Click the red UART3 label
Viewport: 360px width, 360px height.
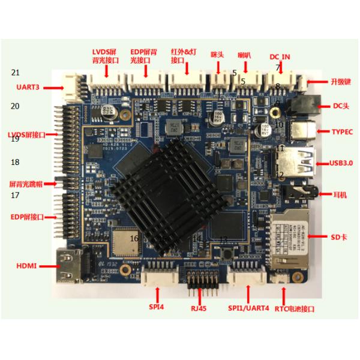point(28,87)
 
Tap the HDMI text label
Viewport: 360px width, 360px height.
point(27,265)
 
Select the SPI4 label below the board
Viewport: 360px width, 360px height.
point(157,307)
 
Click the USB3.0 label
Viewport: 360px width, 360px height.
point(341,163)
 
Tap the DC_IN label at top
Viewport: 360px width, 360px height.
point(280,57)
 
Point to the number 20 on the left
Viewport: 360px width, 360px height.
point(16,106)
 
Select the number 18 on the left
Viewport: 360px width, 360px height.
point(16,162)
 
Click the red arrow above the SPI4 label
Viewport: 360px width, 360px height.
point(158,293)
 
